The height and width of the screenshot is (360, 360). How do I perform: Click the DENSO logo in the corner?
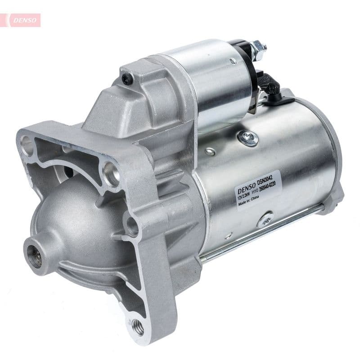[x=22, y=20]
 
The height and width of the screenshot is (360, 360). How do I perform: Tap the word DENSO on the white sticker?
[x=246, y=184]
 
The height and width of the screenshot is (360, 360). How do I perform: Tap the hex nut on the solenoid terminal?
[x=258, y=46]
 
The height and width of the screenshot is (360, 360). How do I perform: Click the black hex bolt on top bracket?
[x=127, y=79]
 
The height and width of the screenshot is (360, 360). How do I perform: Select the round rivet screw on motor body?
[x=248, y=137]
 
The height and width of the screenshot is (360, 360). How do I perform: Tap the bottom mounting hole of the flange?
[x=138, y=327]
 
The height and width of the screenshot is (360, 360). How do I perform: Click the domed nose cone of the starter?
[x=76, y=225]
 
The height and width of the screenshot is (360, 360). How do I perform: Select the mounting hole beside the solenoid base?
[x=110, y=173]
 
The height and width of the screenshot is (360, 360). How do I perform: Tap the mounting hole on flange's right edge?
[x=132, y=226]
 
